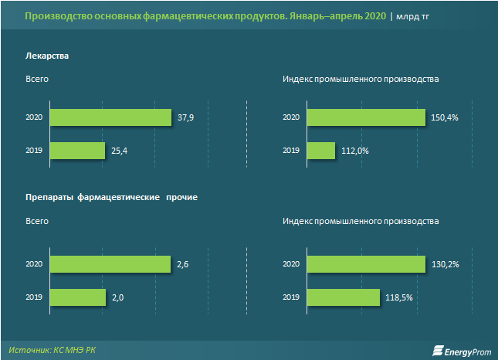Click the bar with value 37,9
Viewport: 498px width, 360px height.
coord(110,117)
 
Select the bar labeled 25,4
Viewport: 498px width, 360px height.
coord(76,150)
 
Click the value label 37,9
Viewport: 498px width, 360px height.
coord(185,117)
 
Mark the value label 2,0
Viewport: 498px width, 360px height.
coord(118,297)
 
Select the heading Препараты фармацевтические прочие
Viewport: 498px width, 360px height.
coord(111,198)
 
